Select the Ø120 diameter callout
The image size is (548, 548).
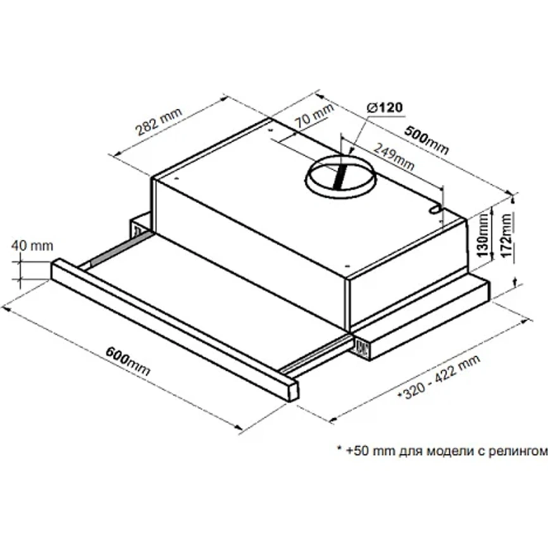(x=385, y=108)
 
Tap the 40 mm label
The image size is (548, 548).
(x=32, y=246)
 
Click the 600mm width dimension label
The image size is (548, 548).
(x=128, y=360)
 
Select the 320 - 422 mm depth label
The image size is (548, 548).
(x=440, y=377)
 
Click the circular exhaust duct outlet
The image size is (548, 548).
(x=340, y=177)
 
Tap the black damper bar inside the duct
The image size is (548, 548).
(x=340, y=177)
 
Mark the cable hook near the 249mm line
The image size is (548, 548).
(x=435, y=209)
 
